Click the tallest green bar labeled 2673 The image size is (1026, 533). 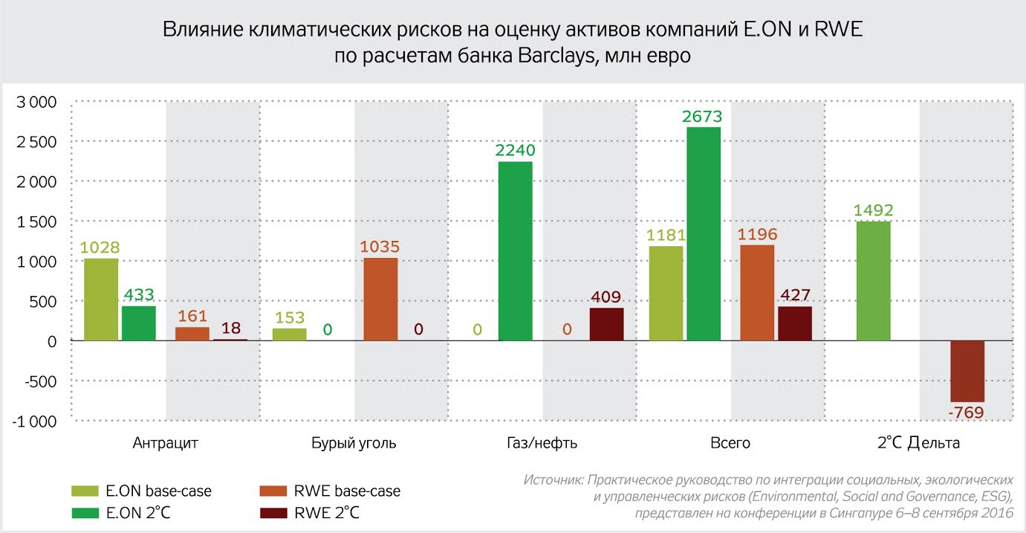click(x=703, y=234)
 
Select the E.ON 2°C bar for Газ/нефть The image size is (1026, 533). click(x=515, y=251)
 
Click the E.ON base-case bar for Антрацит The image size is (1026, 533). click(x=101, y=300)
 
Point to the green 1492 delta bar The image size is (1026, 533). click(x=873, y=281)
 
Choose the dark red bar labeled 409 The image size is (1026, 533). click(x=606, y=324)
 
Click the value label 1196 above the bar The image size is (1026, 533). click(x=757, y=235)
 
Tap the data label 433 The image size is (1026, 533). click(x=138, y=296)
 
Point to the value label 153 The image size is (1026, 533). click(x=289, y=318)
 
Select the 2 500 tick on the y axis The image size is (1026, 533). click(x=36, y=142)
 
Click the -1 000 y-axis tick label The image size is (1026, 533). click(x=34, y=421)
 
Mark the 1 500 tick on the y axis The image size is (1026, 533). click(x=36, y=222)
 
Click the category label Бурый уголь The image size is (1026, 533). click(x=354, y=444)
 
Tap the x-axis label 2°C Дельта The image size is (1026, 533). click(x=918, y=444)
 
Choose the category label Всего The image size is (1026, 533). click(x=730, y=444)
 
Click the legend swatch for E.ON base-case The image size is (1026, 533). click(x=85, y=491)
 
